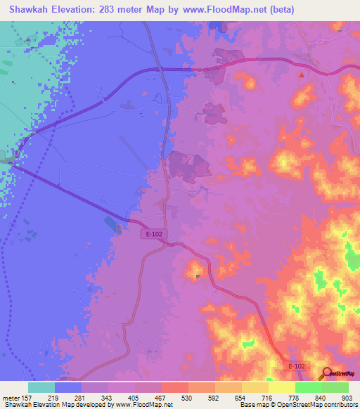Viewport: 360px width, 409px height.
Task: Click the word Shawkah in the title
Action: (x=31, y=9)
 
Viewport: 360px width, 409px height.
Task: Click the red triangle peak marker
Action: (x=302, y=74)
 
